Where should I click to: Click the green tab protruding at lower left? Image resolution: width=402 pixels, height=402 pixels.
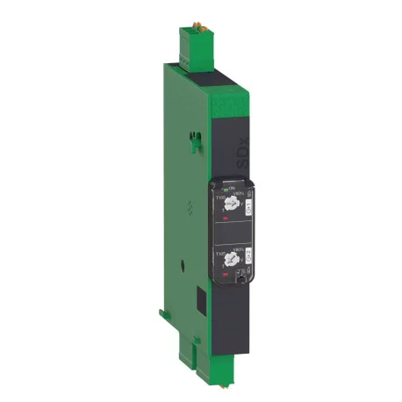[164, 312]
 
